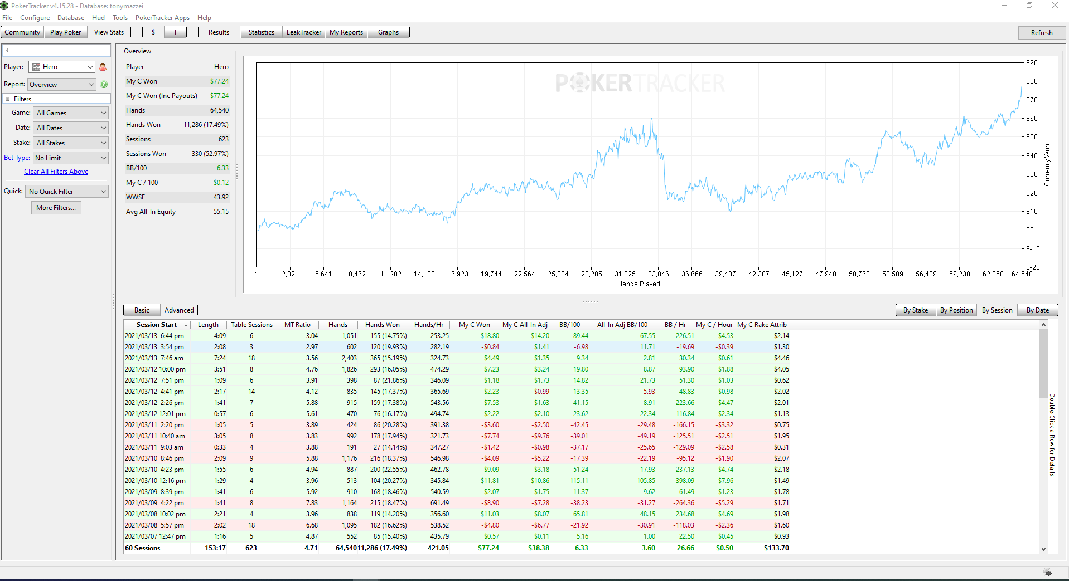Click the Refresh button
1041,32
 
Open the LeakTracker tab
304,32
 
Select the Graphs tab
388,32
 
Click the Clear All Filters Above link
56,172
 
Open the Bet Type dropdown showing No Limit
71,158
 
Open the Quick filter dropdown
67,192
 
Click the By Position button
956,310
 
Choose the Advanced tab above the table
179,310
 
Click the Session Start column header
157,325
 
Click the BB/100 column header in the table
569,325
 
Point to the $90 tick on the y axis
1032,63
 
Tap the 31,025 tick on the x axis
625,274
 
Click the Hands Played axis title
639,284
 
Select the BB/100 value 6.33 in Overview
222,168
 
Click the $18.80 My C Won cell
490,336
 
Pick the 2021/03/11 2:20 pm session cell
154,425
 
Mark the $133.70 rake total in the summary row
776,548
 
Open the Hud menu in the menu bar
98,18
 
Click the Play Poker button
65,32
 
